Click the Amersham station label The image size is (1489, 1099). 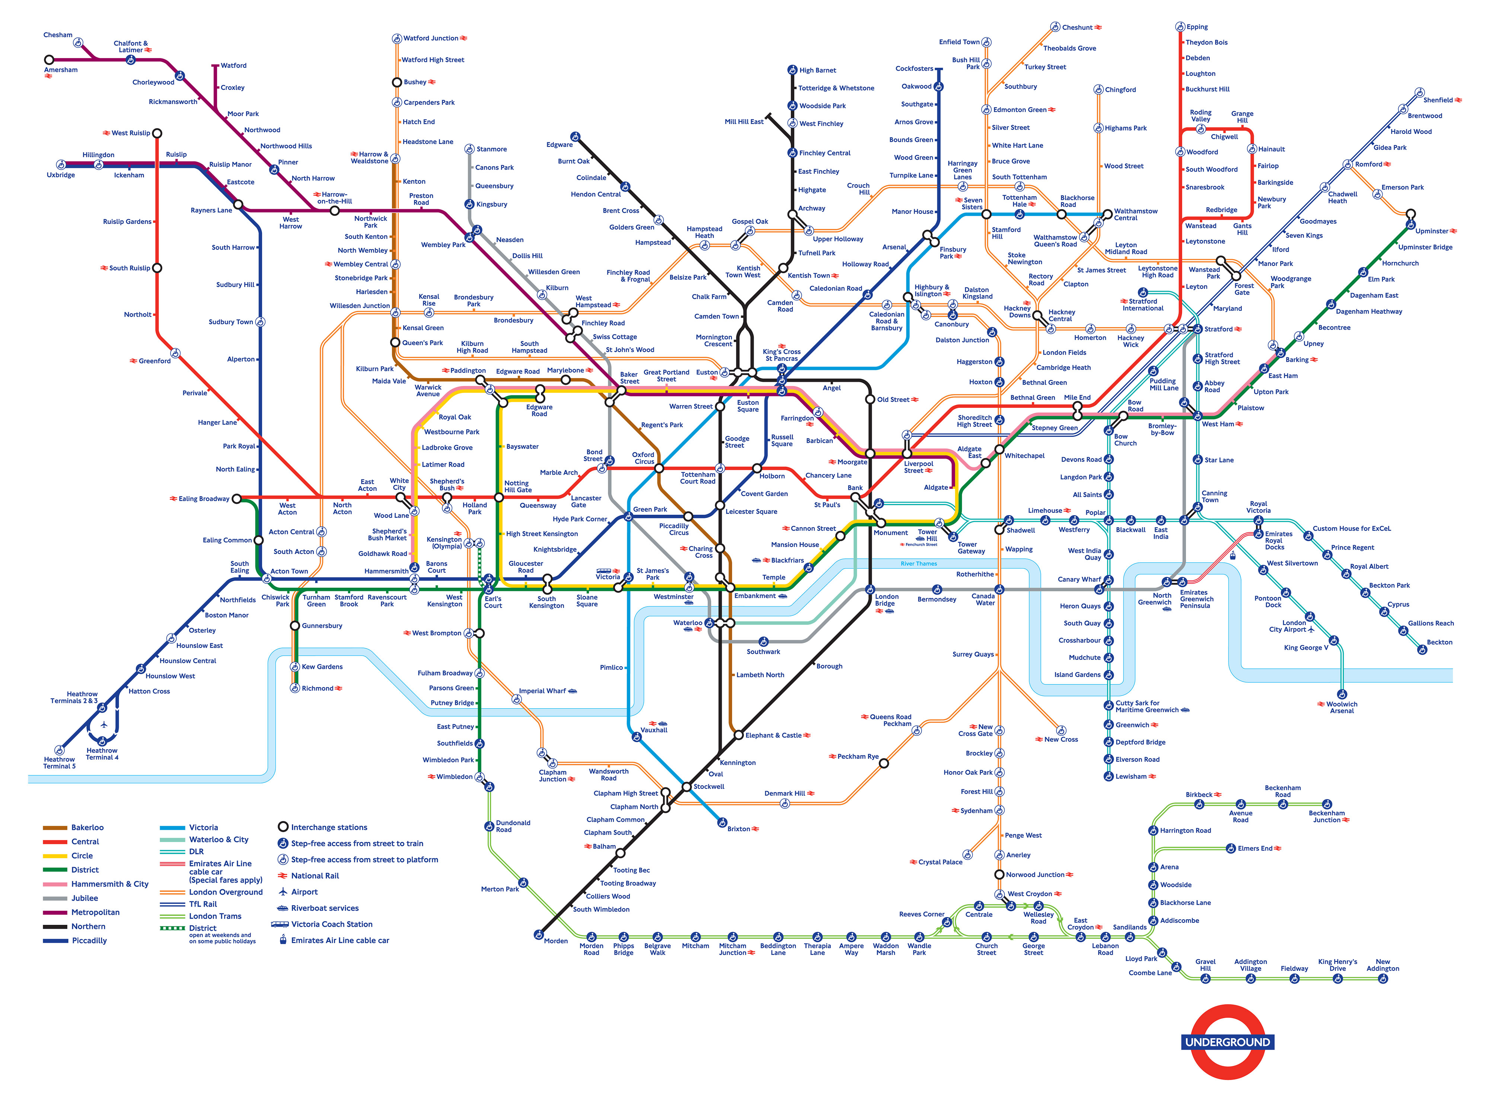[61, 70]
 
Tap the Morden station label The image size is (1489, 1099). [555, 941]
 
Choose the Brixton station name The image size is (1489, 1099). [739, 830]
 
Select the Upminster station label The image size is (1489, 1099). [1432, 231]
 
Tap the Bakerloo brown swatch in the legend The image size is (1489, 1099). [55, 828]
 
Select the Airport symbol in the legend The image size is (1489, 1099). [283, 892]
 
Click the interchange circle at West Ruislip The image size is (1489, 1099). [157, 134]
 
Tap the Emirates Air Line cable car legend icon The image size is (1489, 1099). [283, 941]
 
